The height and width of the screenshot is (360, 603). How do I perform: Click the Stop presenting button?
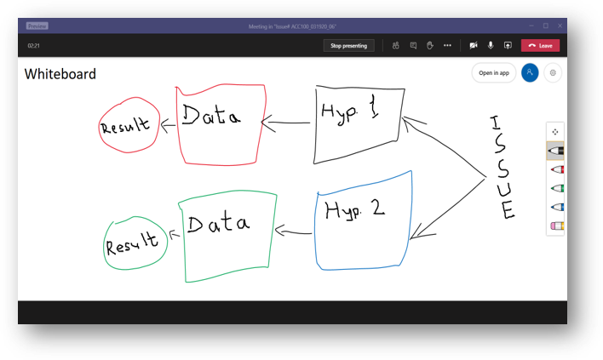(348, 46)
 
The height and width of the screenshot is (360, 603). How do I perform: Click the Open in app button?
(493, 73)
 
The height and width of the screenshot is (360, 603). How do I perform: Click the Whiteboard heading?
(60, 74)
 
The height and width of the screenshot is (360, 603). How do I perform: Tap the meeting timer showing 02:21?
(35, 46)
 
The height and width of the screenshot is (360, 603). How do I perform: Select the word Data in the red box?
(210, 117)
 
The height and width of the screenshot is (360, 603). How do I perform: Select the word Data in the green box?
(219, 224)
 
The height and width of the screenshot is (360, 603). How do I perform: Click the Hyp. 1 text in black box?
(348, 112)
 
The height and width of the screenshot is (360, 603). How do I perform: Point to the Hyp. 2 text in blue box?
(356, 209)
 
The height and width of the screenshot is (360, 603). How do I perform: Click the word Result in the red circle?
(125, 127)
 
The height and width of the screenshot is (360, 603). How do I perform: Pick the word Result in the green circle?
(132, 244)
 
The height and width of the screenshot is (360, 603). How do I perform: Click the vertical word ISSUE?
(502, 168)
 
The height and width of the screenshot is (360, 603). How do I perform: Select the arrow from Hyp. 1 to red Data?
(285, 123)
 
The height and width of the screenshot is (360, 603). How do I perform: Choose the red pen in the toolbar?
(556, 169)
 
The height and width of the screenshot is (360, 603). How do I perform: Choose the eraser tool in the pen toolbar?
(557, 226)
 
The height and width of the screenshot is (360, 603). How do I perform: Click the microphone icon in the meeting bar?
(491, 46)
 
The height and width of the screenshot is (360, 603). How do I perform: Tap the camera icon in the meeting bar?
(473, 46)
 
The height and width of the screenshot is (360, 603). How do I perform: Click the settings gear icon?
(553, 73)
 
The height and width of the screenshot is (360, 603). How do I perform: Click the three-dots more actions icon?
(447, 46)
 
